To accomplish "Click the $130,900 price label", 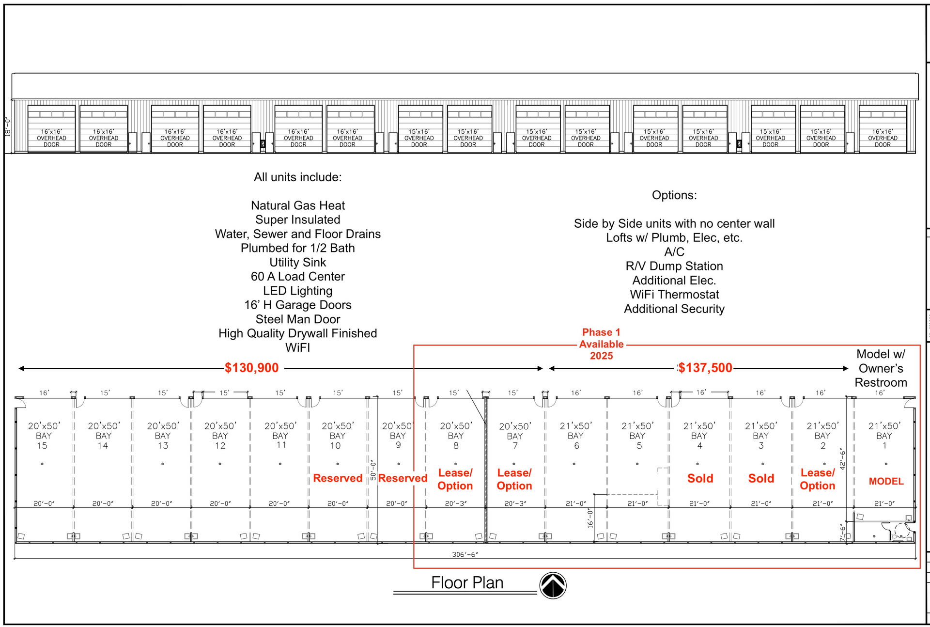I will pyautogui.click(x=252, y=368).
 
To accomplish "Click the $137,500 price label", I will pyautogui.click(x=705, y=368).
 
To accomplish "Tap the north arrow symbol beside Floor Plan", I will pyautogui.click(x=553, y=585).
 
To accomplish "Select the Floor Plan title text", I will pyautogui.click(x=467, y=582).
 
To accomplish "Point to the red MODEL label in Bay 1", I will pyautogui.click(x=886, y=481).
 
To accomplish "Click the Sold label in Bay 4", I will pyautogui.click(x=700, y=478).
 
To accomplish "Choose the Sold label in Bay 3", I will pyautogui.click(x=761, y=478).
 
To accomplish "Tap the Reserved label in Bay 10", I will pyautogui.click(x=338, y=478).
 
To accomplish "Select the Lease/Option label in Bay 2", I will pyautogui.click(x=818, y=479).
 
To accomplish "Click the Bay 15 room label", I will pyautogui.click(x=44, y=436).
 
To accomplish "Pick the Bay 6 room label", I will pyautogui.click(x=576, y=436).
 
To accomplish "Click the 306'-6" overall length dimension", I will pyautogui.click(x=465, y=554).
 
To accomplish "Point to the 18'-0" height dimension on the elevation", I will pyautogui.click(x=8, y=127).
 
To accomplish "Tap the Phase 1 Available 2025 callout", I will pyautogui.click(x=601, y=344).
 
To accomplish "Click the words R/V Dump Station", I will pyautogui.click(x=674, y=266).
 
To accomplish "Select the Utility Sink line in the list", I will pyautogui.click(x=298, y=262).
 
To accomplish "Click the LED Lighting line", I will pyautogui.click(x=298, y=291).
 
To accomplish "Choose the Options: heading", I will pyautogui.click(x=674, y=195).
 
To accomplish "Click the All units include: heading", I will pyautogui.click(x=298, y=177).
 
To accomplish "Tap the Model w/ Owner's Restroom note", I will pyautogui.click(x=881, y=368).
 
